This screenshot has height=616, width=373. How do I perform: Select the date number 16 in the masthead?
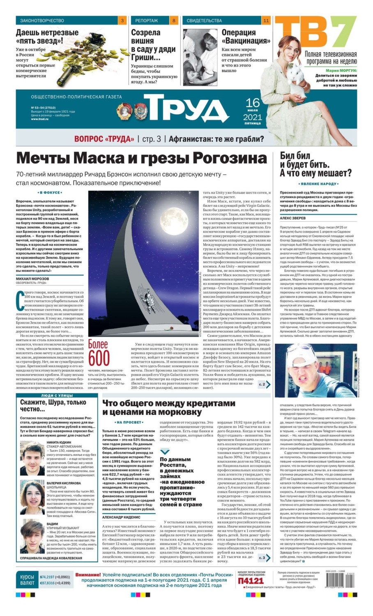click(x=253, y=103)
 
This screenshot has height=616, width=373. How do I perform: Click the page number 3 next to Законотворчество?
click(x=122, y=21)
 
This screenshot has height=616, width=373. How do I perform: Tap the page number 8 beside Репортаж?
click(x=174, y=21)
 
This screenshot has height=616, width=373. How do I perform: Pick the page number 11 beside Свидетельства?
click(x=266, y=21)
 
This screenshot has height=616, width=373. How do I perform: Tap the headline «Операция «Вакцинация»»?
click(x=246, y=37)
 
